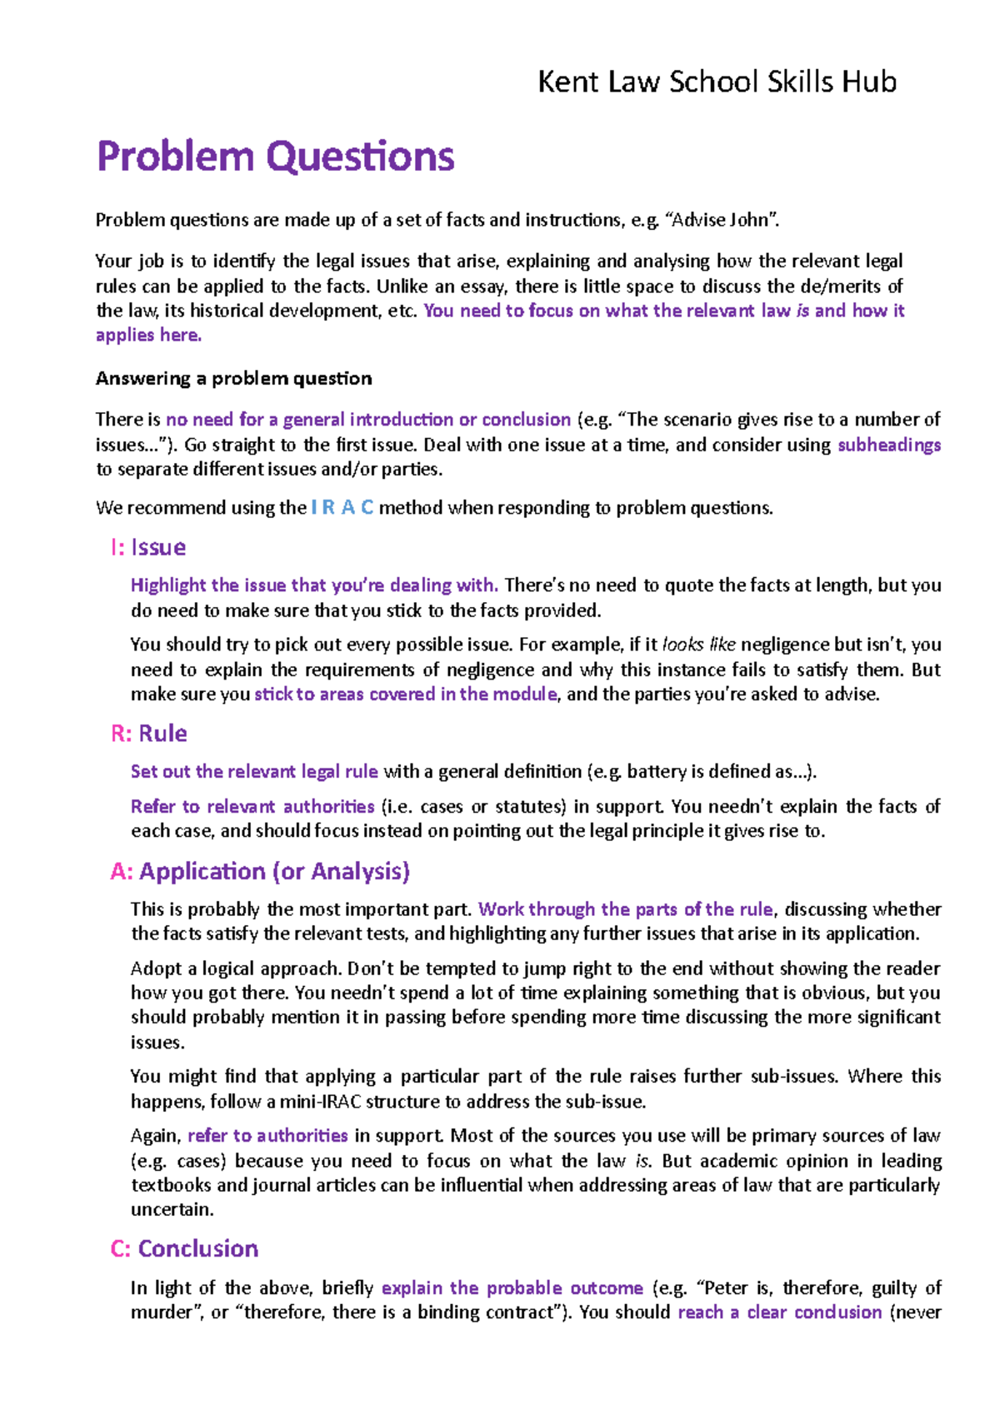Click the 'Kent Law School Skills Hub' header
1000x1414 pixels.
(x=717, y=82)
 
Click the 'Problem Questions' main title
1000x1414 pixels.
(x=275, y=157)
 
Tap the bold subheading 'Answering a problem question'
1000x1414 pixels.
(x=233, y=379)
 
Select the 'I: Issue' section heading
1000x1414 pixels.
(x=147, y=547)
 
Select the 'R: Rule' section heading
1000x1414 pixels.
(x=148, y=734)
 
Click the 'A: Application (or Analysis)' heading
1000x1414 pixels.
(x=260, y=871)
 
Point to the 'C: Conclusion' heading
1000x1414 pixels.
(x=184, y=1248)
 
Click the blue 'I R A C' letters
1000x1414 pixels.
(x=342, y=508)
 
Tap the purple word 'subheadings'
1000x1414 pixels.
(x=888, y=445)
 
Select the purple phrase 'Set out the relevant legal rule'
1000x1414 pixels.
(x=254, y=772)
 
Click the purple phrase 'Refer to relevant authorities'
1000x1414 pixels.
(x=252, y=807)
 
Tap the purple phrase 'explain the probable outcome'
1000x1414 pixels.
(x=512, y=1288)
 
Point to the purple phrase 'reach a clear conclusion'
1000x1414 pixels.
(x=779, y=1312)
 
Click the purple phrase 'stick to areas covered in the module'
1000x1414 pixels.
(x=405, y=695)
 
